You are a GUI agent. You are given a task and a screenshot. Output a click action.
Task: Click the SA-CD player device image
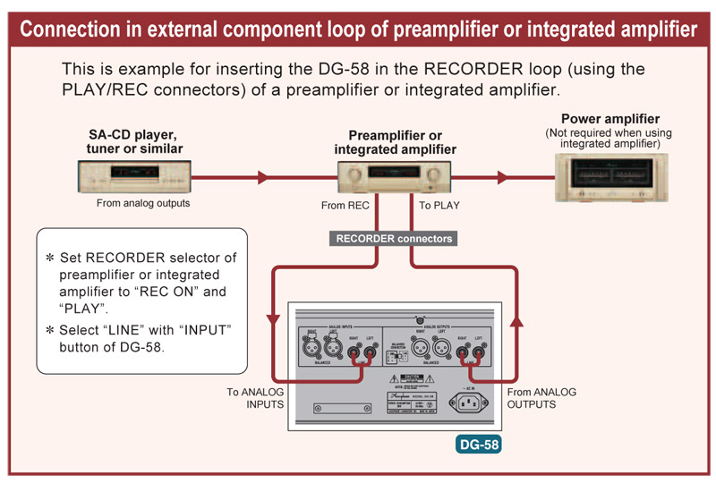pos(134,177)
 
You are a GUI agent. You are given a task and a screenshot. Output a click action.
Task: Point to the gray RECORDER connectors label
pos(394,239)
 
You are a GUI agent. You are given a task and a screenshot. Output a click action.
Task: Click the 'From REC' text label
pos(346,206)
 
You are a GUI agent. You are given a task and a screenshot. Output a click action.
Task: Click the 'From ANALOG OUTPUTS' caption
pos(541,398)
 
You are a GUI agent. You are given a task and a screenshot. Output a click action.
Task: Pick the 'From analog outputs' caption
pos(143,203)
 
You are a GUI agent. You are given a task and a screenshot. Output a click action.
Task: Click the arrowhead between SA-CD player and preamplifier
pos(262,178)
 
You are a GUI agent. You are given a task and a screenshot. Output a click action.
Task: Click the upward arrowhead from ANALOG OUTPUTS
pos(516,320)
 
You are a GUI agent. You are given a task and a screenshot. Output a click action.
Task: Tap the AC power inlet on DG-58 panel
pos(471,403)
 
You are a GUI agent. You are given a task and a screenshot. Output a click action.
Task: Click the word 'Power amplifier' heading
pos(610,119)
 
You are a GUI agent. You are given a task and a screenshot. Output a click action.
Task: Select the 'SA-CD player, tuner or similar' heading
pos(135,141)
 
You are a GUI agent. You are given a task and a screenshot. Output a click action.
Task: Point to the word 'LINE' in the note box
pos(133,331)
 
